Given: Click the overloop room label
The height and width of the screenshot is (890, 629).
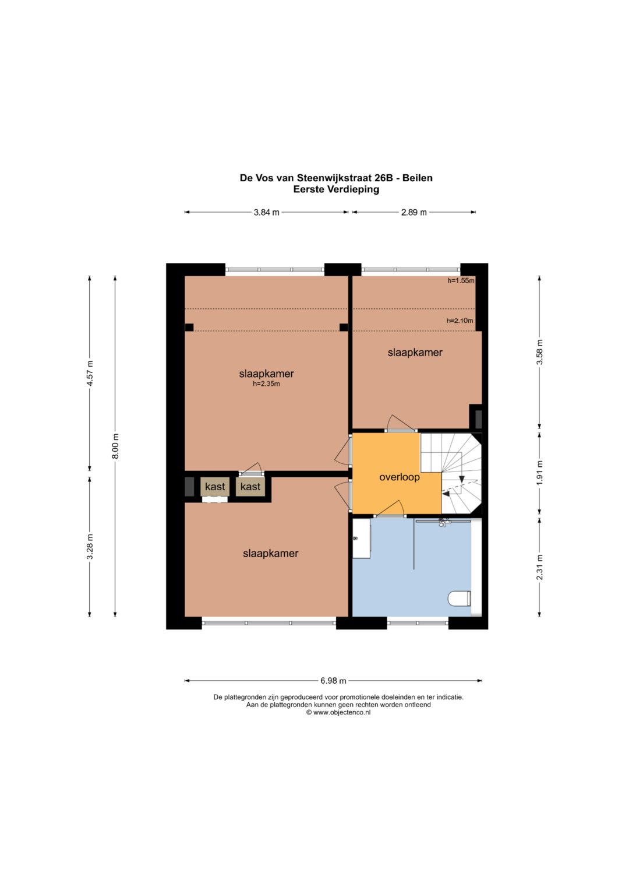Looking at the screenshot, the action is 399,477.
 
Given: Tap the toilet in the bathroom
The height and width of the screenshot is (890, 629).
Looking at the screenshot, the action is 459,599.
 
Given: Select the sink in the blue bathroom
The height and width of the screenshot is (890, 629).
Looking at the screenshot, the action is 361,539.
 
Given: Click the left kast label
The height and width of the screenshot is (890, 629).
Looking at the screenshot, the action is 215,486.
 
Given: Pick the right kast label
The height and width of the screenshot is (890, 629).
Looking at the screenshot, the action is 250,486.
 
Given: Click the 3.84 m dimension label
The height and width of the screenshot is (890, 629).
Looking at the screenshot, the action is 267,212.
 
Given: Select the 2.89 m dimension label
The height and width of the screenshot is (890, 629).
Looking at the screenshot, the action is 414,212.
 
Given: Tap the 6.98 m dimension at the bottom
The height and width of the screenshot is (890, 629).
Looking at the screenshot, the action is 333,681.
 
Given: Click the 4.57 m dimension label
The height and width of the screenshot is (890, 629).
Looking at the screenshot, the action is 90,373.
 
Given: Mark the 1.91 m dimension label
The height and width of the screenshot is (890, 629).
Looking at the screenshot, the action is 539,473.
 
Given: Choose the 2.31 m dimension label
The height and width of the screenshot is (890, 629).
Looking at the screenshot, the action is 539,567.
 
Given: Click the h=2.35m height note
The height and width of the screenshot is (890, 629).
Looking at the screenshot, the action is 267,384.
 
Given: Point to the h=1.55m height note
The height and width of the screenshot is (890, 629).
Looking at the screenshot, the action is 461,280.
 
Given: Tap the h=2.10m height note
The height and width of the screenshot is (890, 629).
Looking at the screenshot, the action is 460,320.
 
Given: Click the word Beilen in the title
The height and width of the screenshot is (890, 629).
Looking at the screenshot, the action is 418,178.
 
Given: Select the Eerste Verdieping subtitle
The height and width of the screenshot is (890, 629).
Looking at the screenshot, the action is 336,189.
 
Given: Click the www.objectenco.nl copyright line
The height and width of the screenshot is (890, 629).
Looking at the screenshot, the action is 338,712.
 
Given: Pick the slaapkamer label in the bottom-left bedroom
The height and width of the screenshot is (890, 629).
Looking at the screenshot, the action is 270,554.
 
